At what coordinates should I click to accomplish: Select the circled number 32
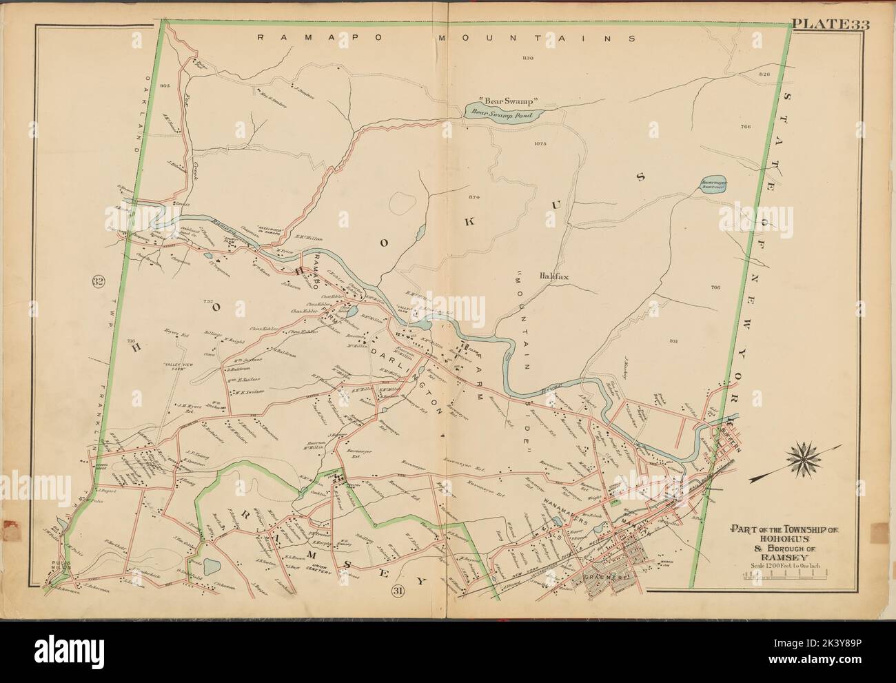(x=97, y=281)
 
